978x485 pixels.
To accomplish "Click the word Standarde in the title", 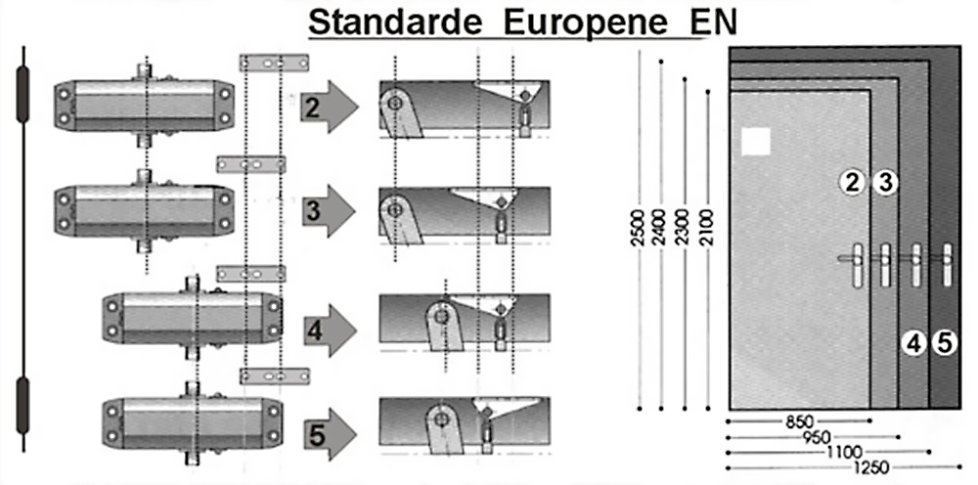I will coord(395,22).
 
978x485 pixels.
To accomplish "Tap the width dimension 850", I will coord(799,422).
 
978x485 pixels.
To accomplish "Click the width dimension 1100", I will coord(842,452).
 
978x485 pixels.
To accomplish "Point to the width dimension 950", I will coord(818,437).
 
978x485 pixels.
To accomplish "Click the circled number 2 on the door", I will coord(853,182).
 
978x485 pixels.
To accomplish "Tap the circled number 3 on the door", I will coord(884,182).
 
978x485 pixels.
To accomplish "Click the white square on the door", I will coord(756,142).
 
